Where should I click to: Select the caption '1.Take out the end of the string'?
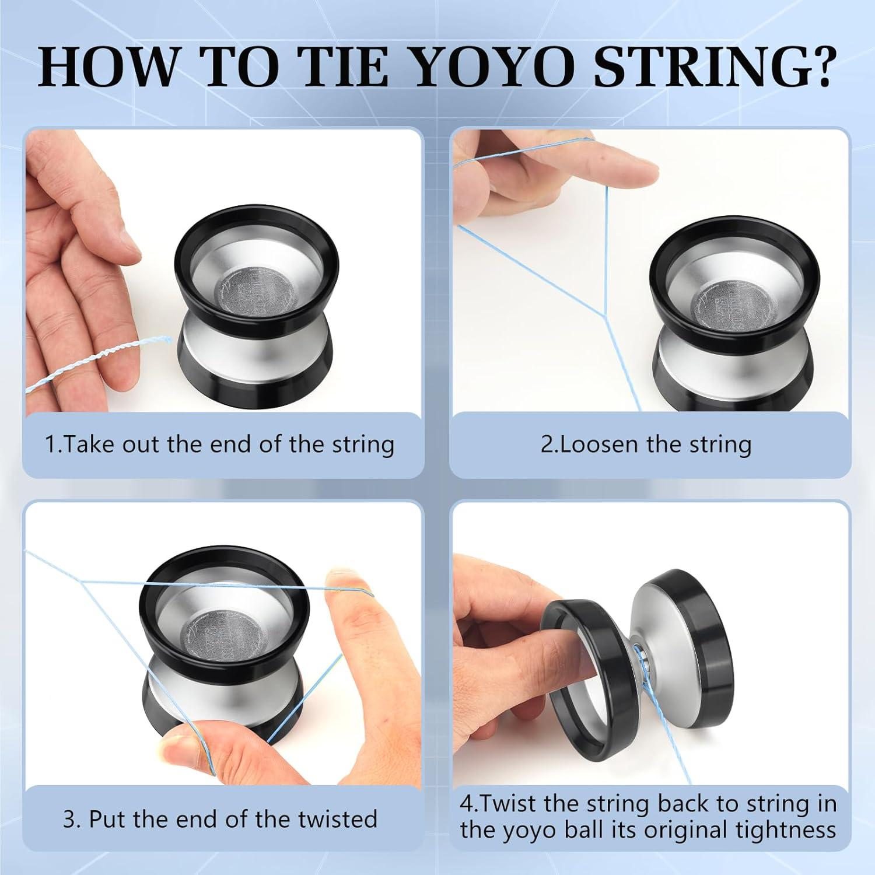click(220, 444)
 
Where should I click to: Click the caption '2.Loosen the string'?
click(646, 444)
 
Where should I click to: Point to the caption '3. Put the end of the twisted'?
click(220, 819)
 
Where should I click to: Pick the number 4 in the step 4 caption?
click(466, 804)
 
